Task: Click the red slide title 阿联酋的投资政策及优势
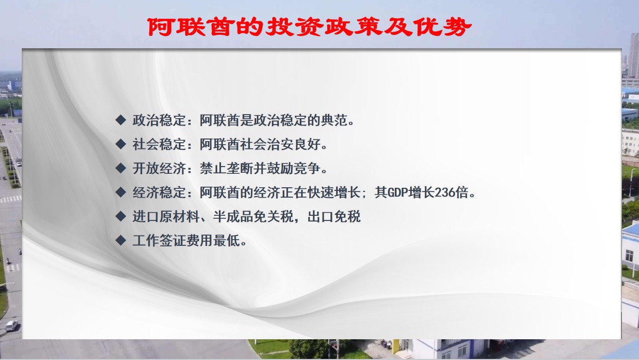[310, 27]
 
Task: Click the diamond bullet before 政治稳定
[121, 120]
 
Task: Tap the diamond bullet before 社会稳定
[121, 144]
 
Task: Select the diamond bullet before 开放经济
[121, 168]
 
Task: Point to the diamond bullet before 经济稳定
[121, 192]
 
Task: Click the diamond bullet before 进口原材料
[121, 216]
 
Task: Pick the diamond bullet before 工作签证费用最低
[121, 240]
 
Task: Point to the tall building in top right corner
[633, 54]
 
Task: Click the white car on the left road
[11, 325]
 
